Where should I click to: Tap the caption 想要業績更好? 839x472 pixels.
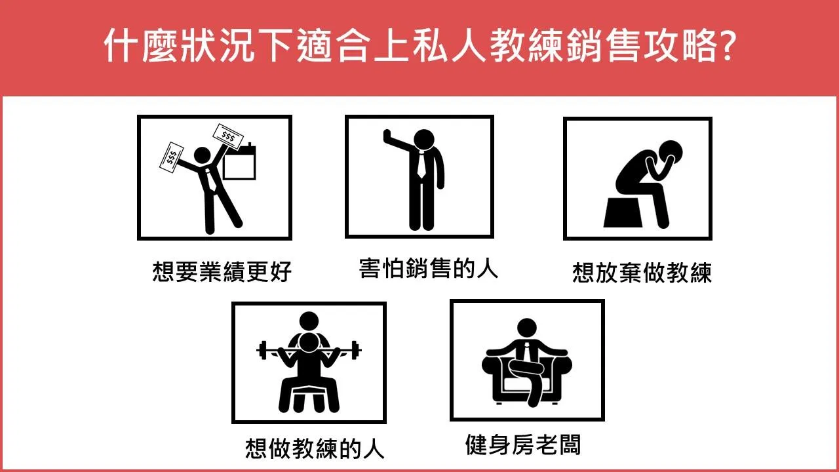[222, 271]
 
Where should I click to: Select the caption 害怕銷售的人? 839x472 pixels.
[429, 268]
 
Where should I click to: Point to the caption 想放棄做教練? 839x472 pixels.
[642, 272]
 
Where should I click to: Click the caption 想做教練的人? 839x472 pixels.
[315, 448]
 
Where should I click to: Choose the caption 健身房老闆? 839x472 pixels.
[523, 444]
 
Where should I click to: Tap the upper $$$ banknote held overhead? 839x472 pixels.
[227, 137]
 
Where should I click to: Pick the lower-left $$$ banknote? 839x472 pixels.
[171, 158]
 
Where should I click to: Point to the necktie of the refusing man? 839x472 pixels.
[421, 164]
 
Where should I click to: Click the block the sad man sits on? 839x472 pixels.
[623, 212]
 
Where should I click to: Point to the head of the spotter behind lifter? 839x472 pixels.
[309, 321]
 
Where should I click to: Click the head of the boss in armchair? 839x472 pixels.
[526, 328]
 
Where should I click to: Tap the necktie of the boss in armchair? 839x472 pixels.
[526, 351]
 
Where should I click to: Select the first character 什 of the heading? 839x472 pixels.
[120, 45]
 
